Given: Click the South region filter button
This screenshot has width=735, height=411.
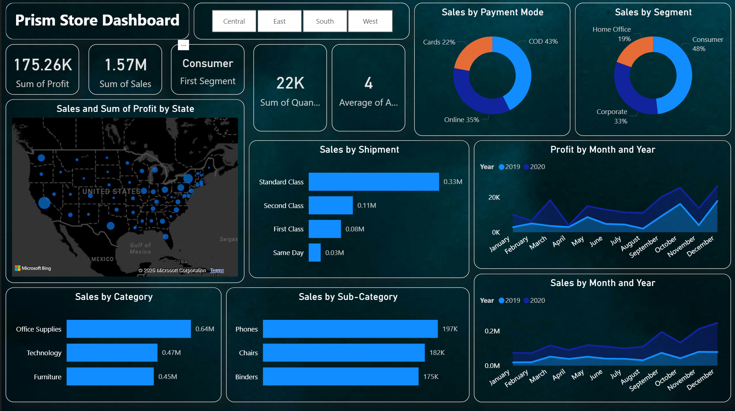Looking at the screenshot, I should [x=325, y=21].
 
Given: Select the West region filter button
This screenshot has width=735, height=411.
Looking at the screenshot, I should [x=370, y=21].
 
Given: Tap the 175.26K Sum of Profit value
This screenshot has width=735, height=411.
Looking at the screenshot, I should [x=43, y=65].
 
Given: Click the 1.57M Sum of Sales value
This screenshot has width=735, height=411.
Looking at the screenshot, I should [x=126, y=65].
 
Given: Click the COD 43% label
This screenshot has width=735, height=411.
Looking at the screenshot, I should [x=543, y=42].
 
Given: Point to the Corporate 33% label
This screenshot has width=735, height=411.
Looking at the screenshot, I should [x=612, y=116].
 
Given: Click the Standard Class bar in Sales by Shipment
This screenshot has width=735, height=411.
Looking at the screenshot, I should [x=374, y=181].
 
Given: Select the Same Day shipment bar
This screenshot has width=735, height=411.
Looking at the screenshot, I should [x=314, y=253].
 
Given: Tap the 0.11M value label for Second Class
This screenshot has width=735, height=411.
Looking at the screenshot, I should [x=367, y=205].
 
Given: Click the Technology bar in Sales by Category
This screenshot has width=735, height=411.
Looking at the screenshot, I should [x=112, y=353].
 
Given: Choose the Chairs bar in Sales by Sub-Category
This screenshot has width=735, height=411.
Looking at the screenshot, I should [x=344, y=353].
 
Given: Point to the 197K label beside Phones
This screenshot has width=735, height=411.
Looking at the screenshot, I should [x=450, y=329].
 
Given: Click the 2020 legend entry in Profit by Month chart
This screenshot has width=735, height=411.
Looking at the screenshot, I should [x=534, y=167].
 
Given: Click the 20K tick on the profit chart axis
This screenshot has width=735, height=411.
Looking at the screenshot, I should [x=494, y=197].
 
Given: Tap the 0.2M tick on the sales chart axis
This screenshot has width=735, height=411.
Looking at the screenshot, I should [x=492, y=331].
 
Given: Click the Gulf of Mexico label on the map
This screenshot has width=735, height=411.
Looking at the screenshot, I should [x=140, y=248].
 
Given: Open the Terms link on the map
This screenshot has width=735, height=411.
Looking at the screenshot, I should [x=217, y=270].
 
